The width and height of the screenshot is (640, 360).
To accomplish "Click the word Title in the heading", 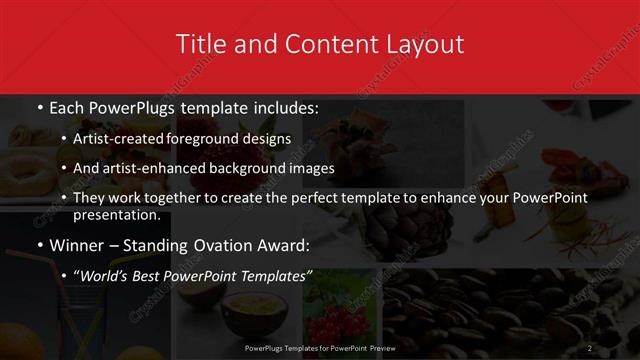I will tap(200, 44).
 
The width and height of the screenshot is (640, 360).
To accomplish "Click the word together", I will tap(176, 198).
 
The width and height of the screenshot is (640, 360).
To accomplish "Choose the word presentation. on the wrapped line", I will tap(116, 214).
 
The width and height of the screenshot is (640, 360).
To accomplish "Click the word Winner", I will tap(76, 245).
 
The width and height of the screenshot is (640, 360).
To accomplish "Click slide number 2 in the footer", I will tap(591, 347).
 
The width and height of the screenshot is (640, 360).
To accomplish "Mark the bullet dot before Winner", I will tap(39, 246).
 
